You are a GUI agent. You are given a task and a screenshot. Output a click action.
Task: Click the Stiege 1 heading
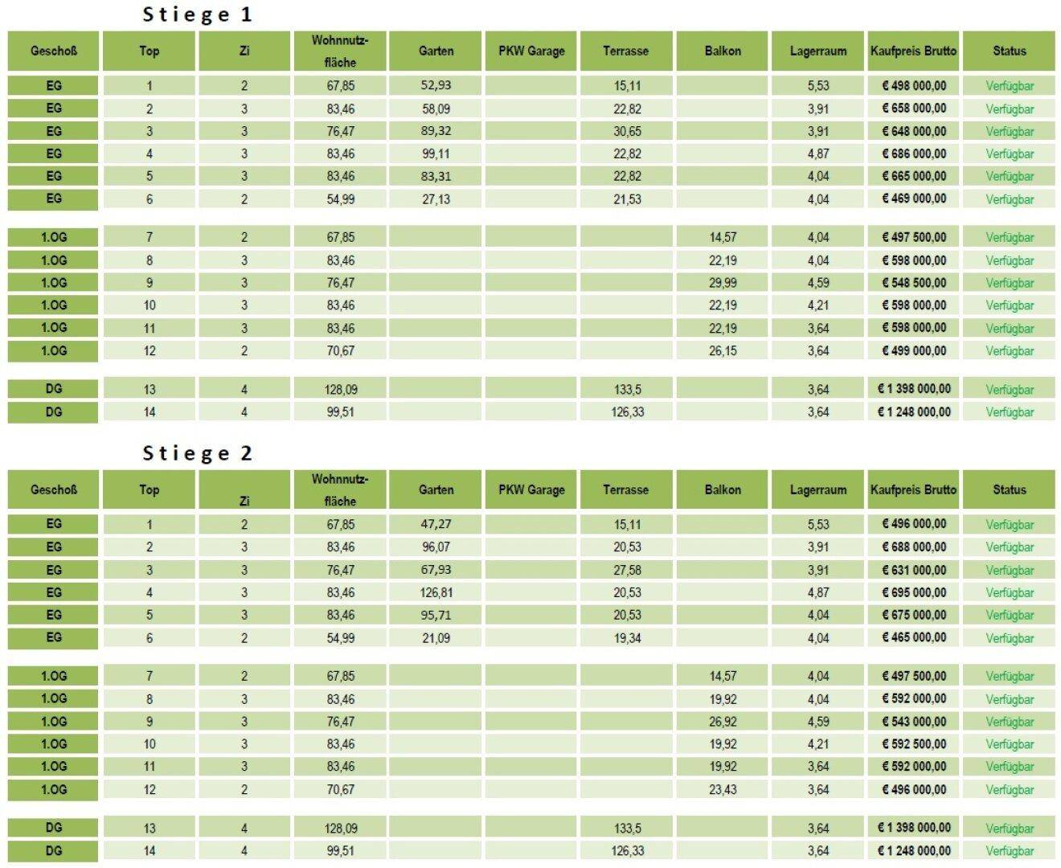197,14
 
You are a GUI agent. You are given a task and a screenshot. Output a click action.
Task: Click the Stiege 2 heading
197,453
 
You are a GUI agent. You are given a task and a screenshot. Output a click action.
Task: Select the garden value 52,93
436,85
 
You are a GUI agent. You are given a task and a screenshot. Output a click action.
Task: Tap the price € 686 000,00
914,154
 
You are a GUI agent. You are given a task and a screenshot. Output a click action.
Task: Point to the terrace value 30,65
627,131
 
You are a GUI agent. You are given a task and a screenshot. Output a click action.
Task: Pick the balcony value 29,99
723,283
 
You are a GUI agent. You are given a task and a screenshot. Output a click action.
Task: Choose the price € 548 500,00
914,283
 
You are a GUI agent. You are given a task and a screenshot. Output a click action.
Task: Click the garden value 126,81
436,592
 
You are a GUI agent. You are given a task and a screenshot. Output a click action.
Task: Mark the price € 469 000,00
914,199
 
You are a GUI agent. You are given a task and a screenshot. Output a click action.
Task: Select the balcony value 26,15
723,350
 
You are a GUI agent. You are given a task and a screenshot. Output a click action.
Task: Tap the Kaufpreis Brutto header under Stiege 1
914,51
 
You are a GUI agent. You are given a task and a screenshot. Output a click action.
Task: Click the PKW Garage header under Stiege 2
531,489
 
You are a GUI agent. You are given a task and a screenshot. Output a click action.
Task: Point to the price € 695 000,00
914,592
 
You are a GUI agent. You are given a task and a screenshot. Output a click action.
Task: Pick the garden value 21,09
436,638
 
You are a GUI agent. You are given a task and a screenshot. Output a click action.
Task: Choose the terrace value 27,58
627,570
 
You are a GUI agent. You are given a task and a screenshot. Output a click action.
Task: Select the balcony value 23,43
723,789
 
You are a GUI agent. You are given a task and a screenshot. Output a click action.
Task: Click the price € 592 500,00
914,744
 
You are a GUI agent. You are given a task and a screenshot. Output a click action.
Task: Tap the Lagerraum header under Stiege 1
818,51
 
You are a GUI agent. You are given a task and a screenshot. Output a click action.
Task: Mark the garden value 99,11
436,154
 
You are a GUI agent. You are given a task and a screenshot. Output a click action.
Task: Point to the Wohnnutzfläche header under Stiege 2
340,489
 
